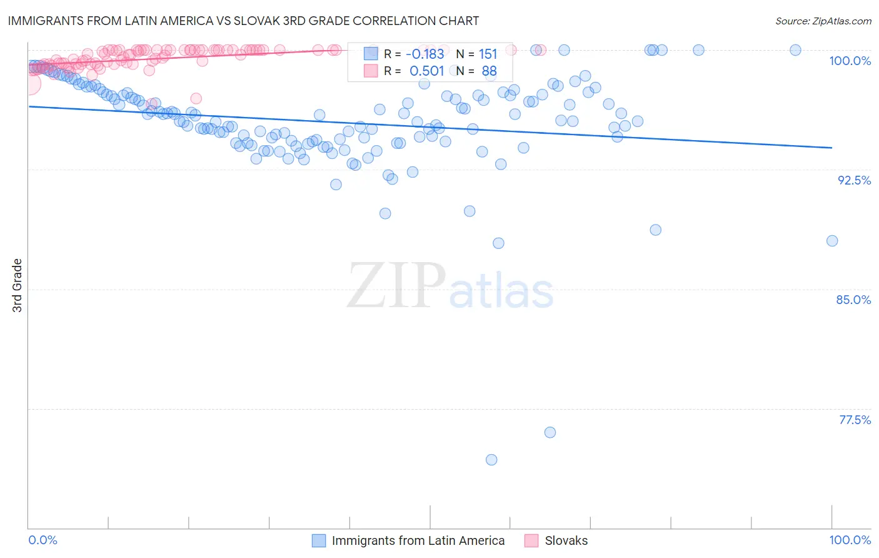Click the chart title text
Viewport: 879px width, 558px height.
point(243,21)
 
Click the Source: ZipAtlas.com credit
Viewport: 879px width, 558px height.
point(823,21)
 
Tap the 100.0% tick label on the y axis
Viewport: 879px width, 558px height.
point(850,61)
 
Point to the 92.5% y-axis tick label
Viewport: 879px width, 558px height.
point(854,180)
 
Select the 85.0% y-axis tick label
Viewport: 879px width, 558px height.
point(853,300)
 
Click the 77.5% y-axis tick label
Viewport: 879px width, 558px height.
point(855,420)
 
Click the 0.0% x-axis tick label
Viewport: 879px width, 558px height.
point(43,540)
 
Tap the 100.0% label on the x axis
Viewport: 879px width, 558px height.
point(850,540)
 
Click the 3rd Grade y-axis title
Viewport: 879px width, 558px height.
point(18,285)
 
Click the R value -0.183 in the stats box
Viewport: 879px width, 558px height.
point(426,54)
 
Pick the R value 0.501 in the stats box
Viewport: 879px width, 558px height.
point(426,71)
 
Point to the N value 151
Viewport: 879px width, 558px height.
point(488,54)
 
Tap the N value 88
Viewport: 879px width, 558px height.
point(489,71)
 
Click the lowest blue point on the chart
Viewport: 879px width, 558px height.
point(491,460)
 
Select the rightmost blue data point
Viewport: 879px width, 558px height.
point(832,241)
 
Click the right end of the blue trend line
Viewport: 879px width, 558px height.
point(831,148)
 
